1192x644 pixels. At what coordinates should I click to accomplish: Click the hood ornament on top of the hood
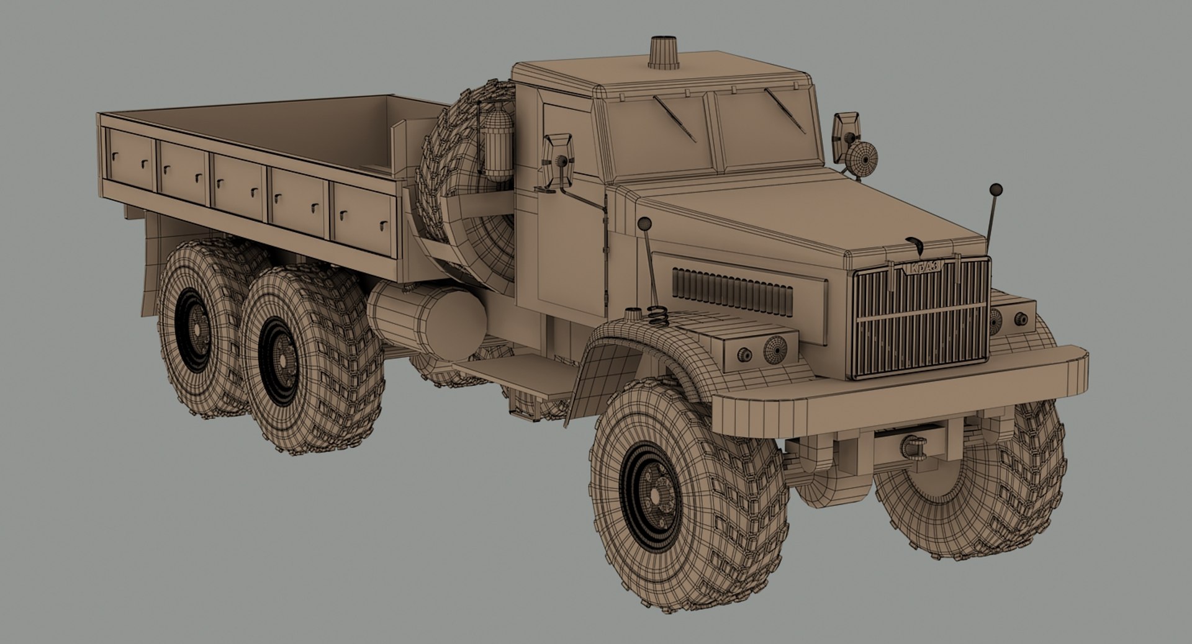[914, 243]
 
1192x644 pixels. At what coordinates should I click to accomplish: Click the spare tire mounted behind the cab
[467, 180]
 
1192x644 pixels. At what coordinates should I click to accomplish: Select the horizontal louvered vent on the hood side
[733, 292]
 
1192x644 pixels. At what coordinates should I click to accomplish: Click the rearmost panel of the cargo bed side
[130, 161]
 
